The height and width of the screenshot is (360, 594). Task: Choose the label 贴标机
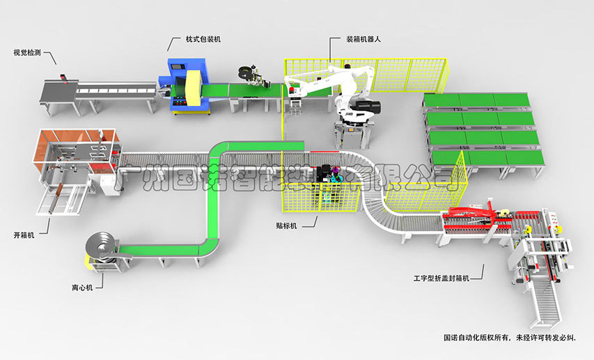pos(287,226)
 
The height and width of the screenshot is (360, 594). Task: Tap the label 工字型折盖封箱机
pos(438,279)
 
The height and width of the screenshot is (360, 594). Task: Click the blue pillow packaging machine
pos(187,87)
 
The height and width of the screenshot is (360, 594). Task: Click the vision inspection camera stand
pos(63,76)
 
